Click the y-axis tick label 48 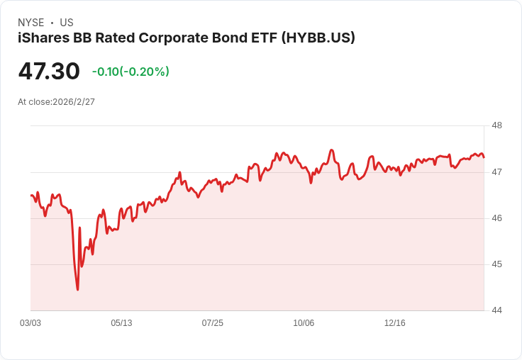point(496,125)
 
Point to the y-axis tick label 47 point(496,171)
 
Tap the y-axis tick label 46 point(496,218)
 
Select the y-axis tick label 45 point(496,264)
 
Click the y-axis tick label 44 point(496,310)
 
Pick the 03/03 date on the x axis point(30,323)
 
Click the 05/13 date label point(121,323)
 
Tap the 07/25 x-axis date point(212,323)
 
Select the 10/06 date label point(304,323)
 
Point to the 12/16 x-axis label point(394,323)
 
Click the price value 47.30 point(49,72)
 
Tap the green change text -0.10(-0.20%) point(130,72)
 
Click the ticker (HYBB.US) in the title point(318,38)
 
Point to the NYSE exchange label point(30,23)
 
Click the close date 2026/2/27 point(74,102)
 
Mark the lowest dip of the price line point(77,289)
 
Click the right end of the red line point(484,157)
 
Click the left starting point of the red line point(31,195)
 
